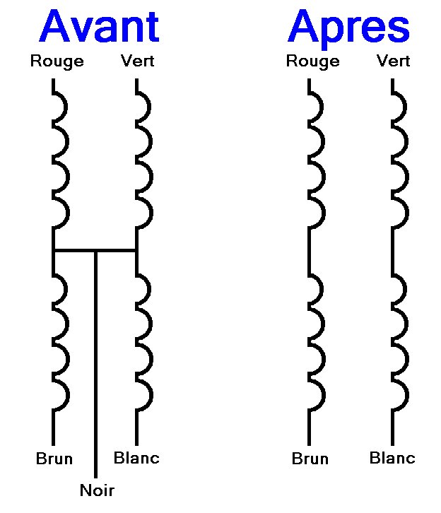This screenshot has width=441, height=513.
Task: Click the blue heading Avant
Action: (x=100, y=27)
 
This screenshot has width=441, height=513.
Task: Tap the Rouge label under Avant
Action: (x=57, y=61)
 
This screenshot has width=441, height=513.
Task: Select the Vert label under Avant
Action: (x=137, y=61)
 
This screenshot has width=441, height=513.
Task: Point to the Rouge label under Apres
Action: (x=312, y=61)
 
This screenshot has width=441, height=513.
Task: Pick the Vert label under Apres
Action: (x=394, y=61)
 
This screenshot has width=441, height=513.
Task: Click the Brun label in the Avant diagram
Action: (x=54, y=459)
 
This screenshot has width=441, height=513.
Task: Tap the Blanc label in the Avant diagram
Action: (x=136, y=458)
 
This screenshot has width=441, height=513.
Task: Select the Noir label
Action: (x=96, y=490)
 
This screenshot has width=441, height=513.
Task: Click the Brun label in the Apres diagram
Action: (x=310, y=459)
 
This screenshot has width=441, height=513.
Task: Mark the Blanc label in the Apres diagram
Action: (x=392, y=458)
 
